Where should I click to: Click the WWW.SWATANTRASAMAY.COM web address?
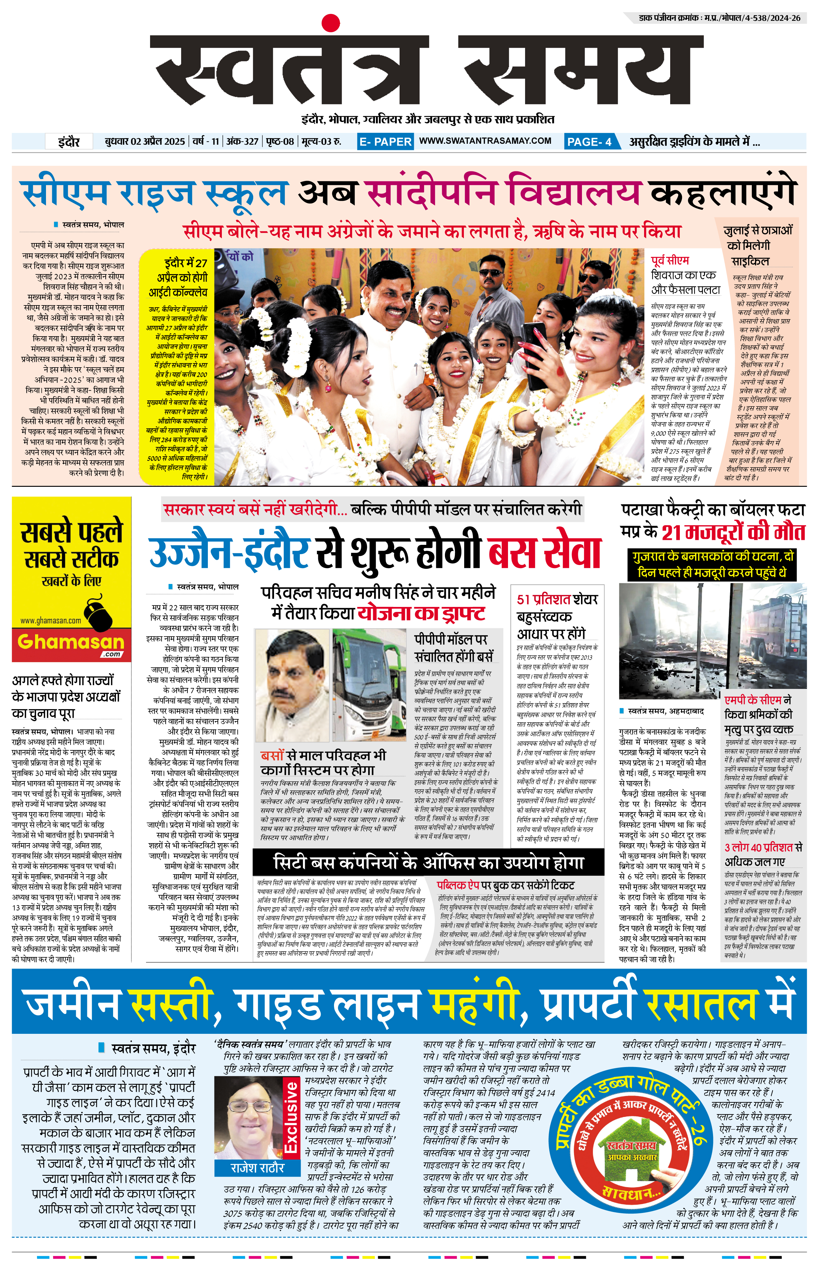485,141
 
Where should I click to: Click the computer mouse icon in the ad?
98,613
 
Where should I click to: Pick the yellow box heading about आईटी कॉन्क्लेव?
178,277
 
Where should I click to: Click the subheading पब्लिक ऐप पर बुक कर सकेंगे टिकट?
505,885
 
